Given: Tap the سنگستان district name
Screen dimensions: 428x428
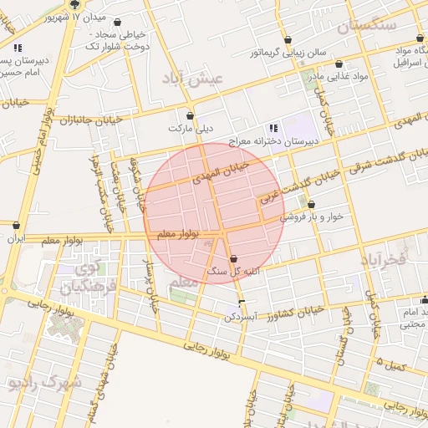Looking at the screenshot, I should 366,25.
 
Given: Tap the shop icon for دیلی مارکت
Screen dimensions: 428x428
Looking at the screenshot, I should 191,116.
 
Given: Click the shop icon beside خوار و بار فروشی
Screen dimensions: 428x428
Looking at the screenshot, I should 311,205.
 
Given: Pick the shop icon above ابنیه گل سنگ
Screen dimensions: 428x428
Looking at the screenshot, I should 232,259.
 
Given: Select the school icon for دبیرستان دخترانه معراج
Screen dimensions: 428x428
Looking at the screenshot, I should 273,129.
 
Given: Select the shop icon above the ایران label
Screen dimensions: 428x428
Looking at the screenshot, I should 17,225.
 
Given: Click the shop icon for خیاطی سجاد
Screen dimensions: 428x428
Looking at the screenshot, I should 115,23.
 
